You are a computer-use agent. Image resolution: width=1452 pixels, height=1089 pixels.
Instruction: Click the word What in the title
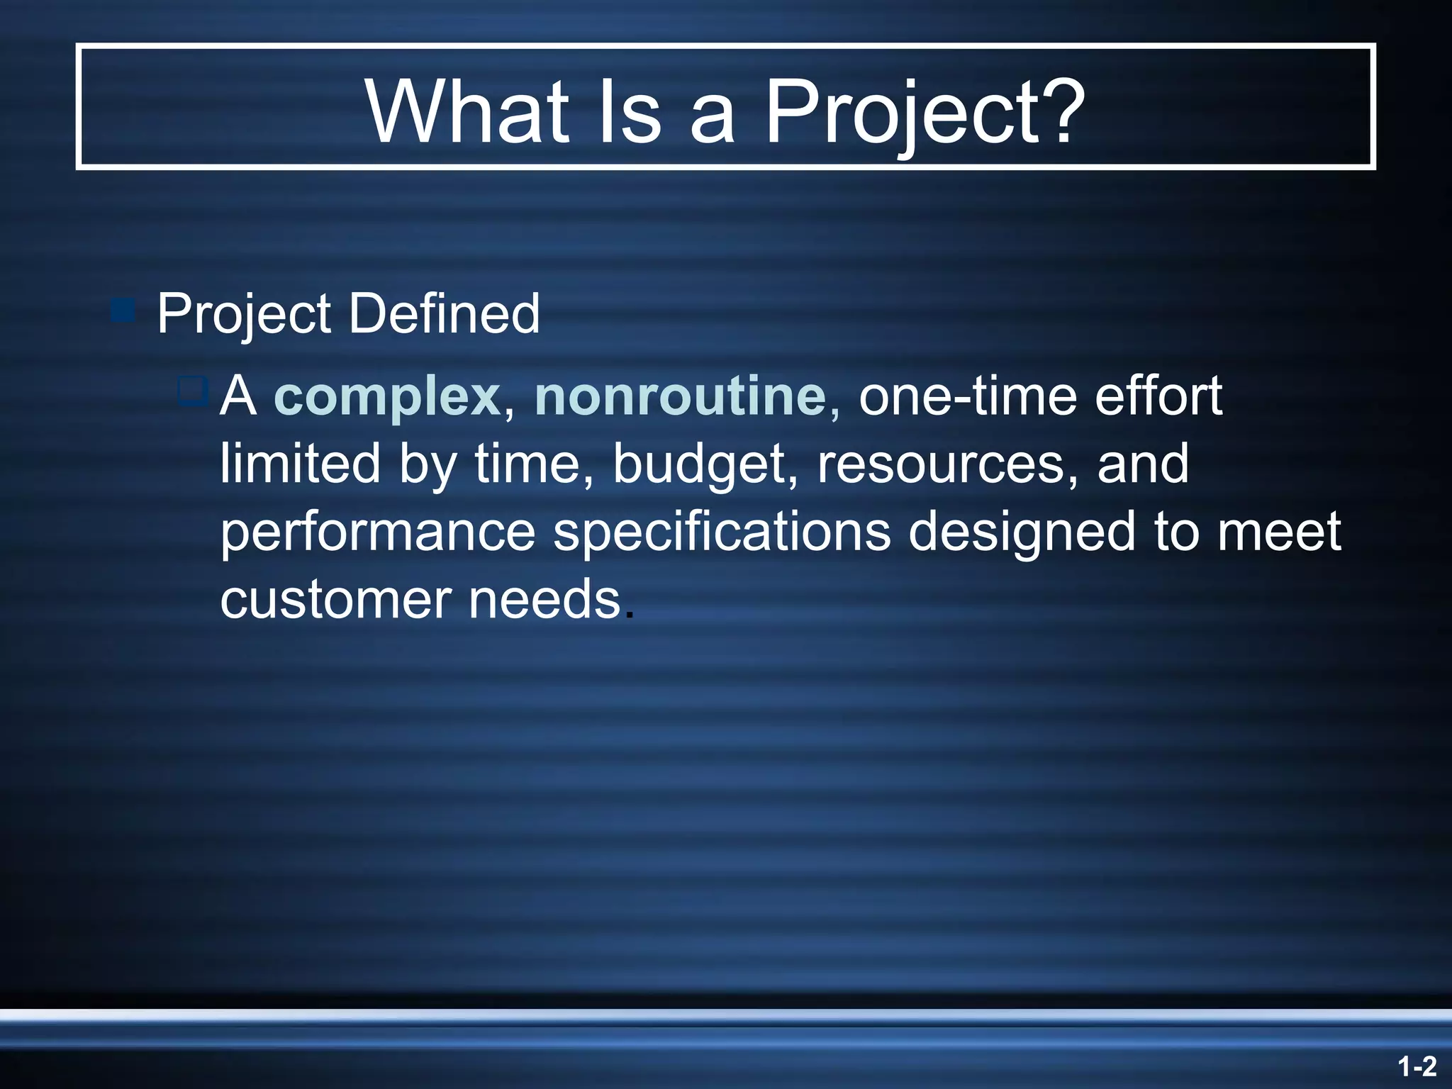468,111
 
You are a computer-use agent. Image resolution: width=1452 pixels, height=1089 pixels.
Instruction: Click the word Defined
445,313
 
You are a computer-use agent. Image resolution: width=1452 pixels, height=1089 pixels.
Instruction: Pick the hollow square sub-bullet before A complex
192,390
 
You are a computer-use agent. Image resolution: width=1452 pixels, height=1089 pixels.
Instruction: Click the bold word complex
387,397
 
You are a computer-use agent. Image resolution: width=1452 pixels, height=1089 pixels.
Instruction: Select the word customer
336,600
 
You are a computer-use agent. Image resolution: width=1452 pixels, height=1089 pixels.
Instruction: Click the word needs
544,600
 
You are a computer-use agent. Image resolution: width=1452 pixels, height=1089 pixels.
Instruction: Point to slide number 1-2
1417,1066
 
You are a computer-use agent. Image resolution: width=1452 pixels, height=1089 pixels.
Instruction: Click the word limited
300,464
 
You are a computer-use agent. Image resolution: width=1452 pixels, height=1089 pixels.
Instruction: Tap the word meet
1278,532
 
